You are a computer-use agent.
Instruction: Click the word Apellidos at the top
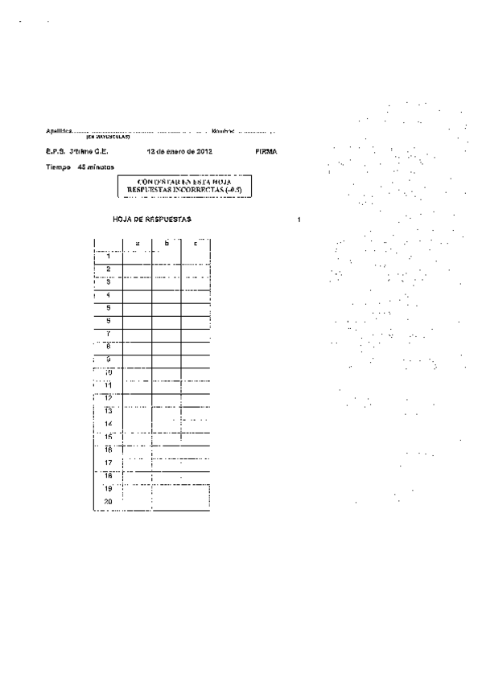(59, 130)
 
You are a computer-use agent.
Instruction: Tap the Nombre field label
(223, 130)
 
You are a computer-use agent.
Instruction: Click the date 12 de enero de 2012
(179, 151)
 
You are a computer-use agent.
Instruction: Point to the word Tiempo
(58, 167)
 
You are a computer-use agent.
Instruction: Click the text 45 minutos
(96, 167)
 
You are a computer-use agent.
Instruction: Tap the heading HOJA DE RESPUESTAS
(153, 220)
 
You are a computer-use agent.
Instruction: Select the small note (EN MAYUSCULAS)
(108, 137)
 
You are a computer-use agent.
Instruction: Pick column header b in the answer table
(166, 242)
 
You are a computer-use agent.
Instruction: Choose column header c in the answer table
(196, 242)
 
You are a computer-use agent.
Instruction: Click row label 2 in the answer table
(108, 269)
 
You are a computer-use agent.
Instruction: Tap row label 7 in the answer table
(108, 333)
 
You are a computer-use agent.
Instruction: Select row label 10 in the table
(108, 372)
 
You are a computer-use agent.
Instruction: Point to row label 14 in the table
(108, 423)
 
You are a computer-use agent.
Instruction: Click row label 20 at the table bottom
(108, 501)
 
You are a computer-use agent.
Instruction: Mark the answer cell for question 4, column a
(137, 295)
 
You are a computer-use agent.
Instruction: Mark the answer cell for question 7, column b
(166, 334)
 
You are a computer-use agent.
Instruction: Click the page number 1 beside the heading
(299, 220)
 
